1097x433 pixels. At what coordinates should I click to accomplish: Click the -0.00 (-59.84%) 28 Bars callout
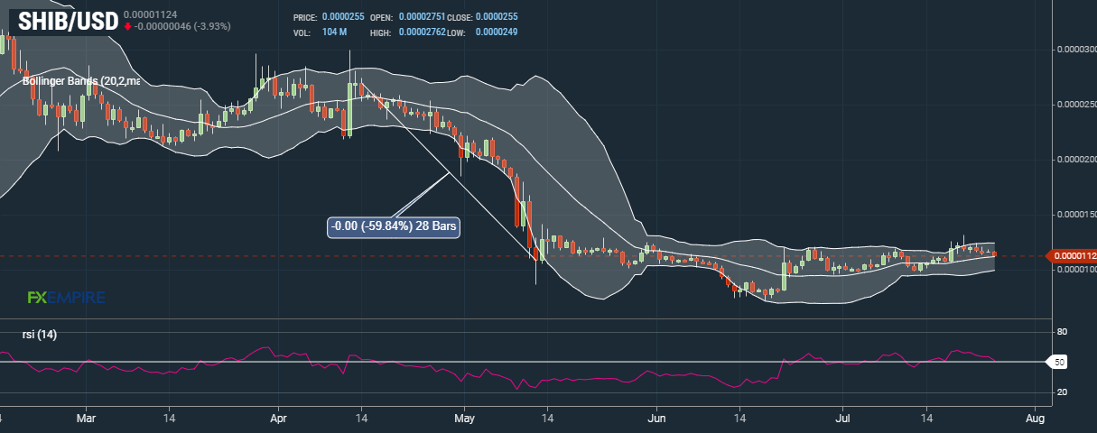click(393, 226)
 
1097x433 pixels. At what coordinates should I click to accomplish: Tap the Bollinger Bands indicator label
click(81, 81)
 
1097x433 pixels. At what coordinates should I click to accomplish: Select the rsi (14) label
click(40, 335)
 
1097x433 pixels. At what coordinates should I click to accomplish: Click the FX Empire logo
click(66, 297)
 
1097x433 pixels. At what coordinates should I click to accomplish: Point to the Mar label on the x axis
click(86, 419)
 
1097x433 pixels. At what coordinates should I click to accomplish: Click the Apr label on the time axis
click(278, 419)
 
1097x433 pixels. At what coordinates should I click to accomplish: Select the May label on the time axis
click(464, 419)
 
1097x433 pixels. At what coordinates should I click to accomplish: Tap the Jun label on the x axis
click(656, 419)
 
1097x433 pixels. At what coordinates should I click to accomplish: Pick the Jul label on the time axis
click(843, 419)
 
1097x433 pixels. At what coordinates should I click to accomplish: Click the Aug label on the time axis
click(1036, 419)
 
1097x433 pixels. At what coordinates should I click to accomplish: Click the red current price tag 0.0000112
click(1072, 256)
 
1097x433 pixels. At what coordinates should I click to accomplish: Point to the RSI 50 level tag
click(1060, 362)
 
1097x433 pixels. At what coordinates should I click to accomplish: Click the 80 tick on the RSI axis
click(1062, 332)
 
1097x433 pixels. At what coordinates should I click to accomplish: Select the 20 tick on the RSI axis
click(1062, 392)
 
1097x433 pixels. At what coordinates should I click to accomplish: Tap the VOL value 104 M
click(334, 32)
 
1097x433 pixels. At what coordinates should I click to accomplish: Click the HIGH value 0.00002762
click(422, 32)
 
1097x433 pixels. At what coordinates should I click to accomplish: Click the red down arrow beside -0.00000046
click(128, 26)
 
